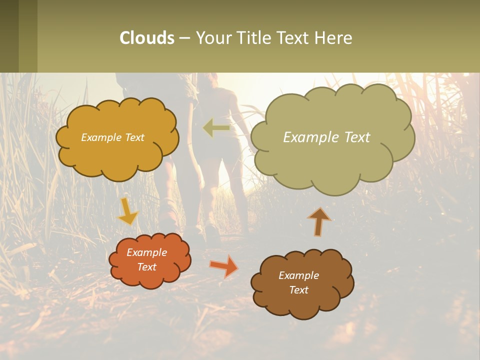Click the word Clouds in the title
click(147, 38)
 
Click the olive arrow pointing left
click(216, 128)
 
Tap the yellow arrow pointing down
click(128, 212)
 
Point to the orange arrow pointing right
click(223, 265)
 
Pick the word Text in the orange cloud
click(147, 267)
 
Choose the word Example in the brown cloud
click(298, 275)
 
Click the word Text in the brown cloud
click(298, 290)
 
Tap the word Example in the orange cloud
click(147, 252)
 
